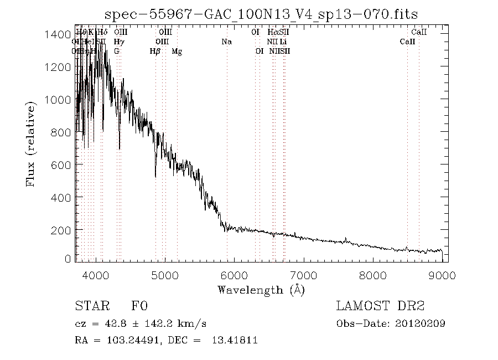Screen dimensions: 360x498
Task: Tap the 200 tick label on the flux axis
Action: [x=60, y=229]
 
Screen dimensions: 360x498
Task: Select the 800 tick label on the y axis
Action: [x=60, y=132]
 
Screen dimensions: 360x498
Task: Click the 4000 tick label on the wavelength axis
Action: [x=97, y=275]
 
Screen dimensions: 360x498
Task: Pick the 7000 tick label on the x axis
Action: [x=304, y=275]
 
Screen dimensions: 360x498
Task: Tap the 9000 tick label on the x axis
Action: [x=442, y=275]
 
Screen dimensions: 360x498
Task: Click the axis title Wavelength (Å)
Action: [x=261, y=289]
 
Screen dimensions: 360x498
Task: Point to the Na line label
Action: [x=226, y=42]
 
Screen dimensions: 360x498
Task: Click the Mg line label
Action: [x=177, y=52]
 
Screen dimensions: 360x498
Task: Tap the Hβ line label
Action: [x=155, y=52]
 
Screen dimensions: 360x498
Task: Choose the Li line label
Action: [x=283, y=42]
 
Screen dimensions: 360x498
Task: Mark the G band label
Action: [x=117, y=52]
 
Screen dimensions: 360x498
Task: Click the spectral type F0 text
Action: [x=139, y=306]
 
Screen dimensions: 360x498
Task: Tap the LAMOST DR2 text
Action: [x=380, y=306]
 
